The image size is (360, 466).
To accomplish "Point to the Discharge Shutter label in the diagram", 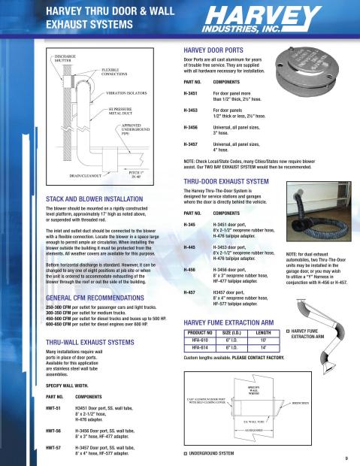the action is pyautogui.click(x=68, y=59).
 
